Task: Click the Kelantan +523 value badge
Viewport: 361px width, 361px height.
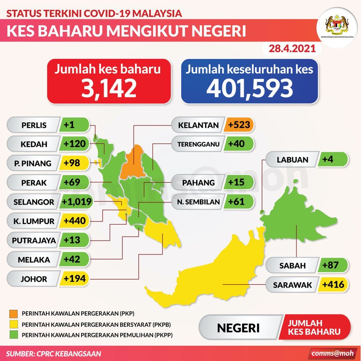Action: point(239,125)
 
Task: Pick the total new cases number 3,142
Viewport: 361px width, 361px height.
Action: point(109,88)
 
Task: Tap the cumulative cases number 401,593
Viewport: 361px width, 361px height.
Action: point(249,88)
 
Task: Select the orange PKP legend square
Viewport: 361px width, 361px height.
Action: point(14,314)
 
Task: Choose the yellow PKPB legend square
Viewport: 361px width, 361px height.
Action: point(14,324)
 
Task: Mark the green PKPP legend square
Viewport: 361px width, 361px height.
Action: point(14,335)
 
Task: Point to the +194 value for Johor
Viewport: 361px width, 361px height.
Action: point(75,279)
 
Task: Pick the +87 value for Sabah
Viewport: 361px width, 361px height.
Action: point(331,266)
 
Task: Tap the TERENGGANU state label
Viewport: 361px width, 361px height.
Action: point(199,144)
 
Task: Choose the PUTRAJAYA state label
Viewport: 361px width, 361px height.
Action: point(34,240)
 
